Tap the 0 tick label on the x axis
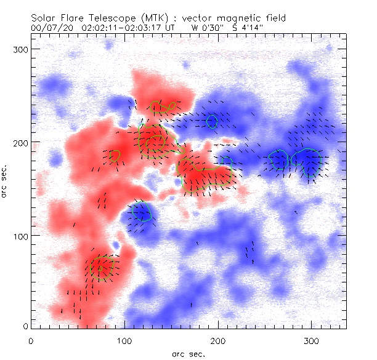pyautogui.click(x=31, y=340)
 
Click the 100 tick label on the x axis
pyautogui.click(x=125, y=340)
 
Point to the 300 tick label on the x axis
pyautogui.click(x=312, y=340)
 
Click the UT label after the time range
pyautogui.click(x=170, y=28)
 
